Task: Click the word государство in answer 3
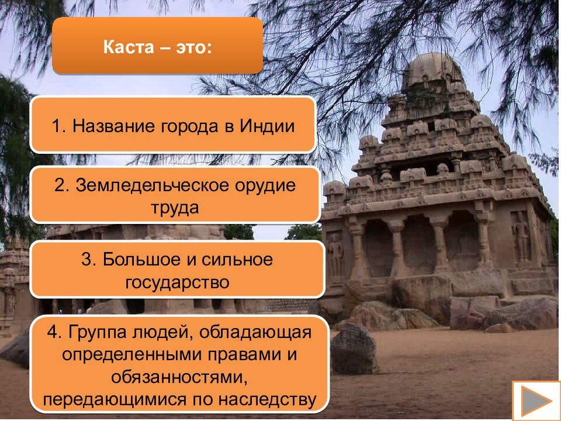coord(176,282)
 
